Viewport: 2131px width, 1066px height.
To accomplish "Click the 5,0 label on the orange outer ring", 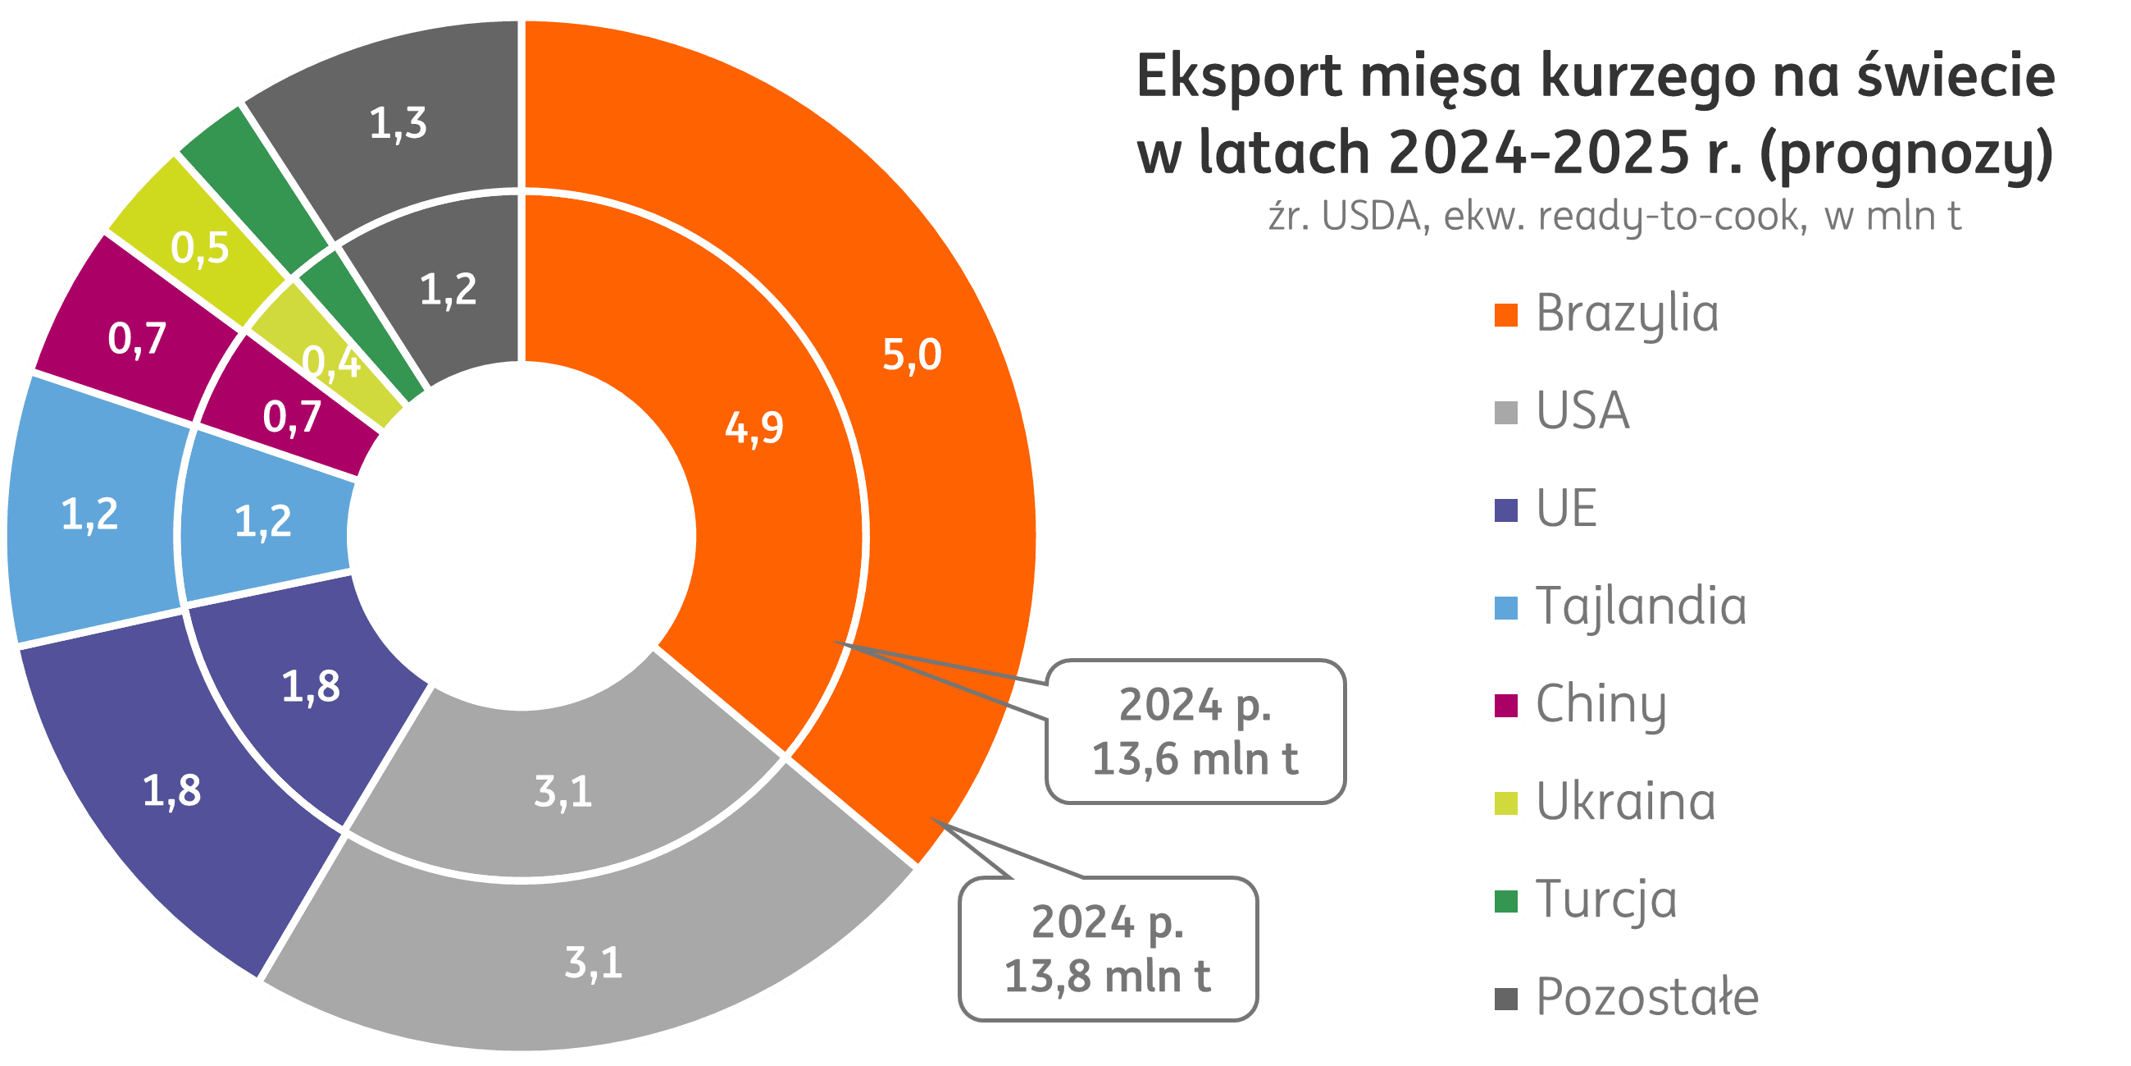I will (912, 355).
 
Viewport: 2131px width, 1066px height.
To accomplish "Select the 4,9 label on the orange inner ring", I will (754, 428).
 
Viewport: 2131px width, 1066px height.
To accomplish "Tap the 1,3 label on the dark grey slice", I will (398, 123).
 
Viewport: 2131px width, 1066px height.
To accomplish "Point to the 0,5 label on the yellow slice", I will (199, 248).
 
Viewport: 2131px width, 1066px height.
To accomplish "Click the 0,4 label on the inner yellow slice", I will (332, 363).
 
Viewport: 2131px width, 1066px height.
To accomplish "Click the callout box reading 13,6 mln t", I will (1195, 732).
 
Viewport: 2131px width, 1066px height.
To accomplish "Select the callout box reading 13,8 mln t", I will (1108, 949).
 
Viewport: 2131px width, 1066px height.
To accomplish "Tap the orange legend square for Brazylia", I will (1505, 315).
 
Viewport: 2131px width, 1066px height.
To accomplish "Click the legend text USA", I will (1582, 411).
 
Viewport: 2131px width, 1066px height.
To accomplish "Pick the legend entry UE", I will (1566, 509).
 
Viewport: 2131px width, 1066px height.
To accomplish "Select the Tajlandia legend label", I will (1642, 606).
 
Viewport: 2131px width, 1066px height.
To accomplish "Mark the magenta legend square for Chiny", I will (1505, 705).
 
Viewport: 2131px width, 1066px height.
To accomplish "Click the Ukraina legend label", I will (1626, 802).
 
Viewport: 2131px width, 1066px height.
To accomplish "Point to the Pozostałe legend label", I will (1647, 997).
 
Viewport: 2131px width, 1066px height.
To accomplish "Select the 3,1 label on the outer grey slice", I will (593, 963).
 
